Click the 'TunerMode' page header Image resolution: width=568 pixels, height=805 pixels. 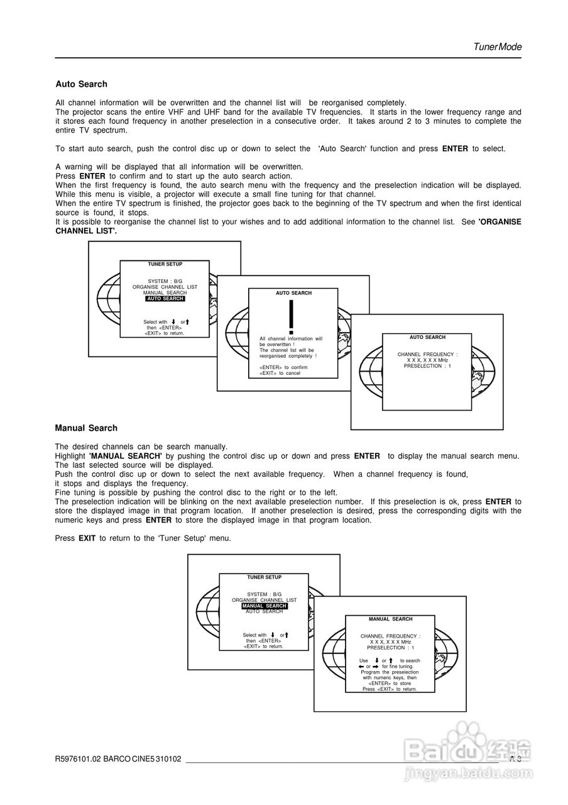(497, 47)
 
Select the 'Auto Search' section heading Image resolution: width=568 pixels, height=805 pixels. (81, 84)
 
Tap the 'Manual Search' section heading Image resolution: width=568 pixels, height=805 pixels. (86, 428)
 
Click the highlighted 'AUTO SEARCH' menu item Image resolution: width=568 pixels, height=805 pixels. (165, 299)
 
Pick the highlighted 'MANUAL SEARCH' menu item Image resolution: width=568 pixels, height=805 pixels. (264, 606)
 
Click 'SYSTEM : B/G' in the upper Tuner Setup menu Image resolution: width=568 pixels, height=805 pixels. (165, 281)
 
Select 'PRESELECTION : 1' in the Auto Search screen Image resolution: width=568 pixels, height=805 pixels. (427, 366)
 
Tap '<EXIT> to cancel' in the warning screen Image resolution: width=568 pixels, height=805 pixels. (280, 373)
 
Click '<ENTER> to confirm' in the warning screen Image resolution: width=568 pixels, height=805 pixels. (283, 367)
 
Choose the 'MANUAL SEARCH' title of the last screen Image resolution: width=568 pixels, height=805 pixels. (390, 619)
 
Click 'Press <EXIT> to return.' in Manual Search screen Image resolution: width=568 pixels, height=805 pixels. (390, 689)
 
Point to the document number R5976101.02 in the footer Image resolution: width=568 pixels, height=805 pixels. (78, 759)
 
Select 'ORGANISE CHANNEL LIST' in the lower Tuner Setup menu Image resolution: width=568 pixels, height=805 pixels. (264, 600)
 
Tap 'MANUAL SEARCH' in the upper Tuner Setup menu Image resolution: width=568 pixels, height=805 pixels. (165, 293)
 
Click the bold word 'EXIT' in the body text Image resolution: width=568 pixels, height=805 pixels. (87, 538)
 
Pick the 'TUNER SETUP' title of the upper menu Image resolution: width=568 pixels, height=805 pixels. (165, 264)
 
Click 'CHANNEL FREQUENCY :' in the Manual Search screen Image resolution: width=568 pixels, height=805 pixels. (390, 636)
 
